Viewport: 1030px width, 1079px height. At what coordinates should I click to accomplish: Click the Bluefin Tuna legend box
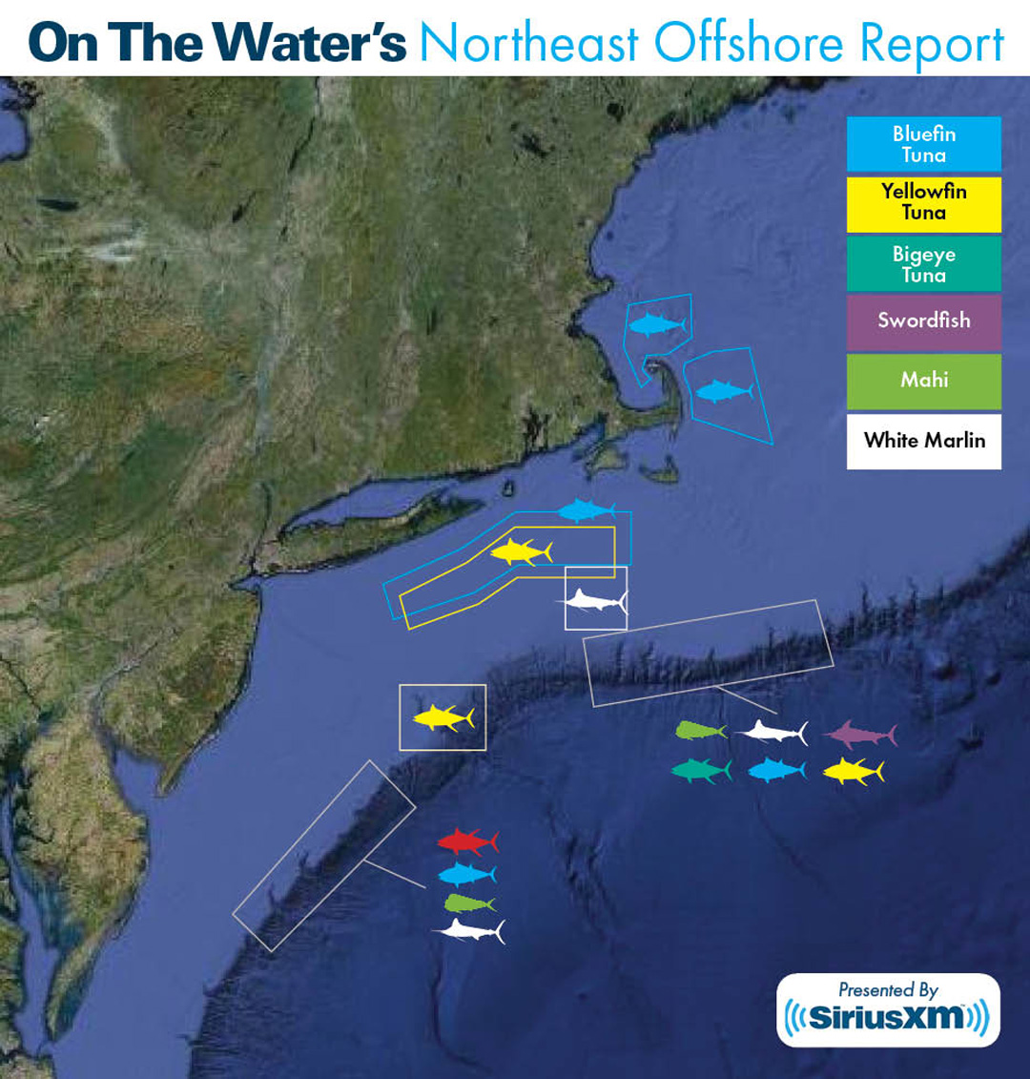pyautogui.click(x=923, y=144)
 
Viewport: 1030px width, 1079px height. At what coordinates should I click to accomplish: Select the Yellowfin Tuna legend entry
pyautogui.click(x=923, y=202)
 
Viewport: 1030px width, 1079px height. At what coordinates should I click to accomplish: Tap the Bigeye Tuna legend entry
pyautogui.click(x=923, y=264)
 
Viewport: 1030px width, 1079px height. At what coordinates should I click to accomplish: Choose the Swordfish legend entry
pyautogui.click(x=923, y=321)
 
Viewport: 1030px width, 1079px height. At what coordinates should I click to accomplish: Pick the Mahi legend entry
pyautogui.click(x=923, y=381)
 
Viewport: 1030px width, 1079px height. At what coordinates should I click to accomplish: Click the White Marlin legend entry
pyautogui.click(x=923, y=441)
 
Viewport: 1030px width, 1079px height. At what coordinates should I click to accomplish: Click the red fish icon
pyautogui.click(x=467, y=841)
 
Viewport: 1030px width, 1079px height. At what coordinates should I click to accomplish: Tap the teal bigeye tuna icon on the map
pyautogui.click(x=701, y=771)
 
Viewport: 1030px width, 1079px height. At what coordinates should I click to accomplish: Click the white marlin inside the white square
pyautogui.click(x=594, y=601)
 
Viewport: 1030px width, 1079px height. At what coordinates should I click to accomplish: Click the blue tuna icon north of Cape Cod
pyautogui.click(x=657, y=325)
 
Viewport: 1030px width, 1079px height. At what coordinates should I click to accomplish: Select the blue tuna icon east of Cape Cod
pyautogui.click(x=724, y=391)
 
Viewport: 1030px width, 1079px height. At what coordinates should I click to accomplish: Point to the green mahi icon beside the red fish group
pyautogui.click(x=468, y=903)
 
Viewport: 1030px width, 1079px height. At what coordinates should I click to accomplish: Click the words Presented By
pyautogui.click(x=888, y=990)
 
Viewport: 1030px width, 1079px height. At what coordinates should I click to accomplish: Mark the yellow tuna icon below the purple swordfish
pyautogui.click(x=854, y=771)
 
